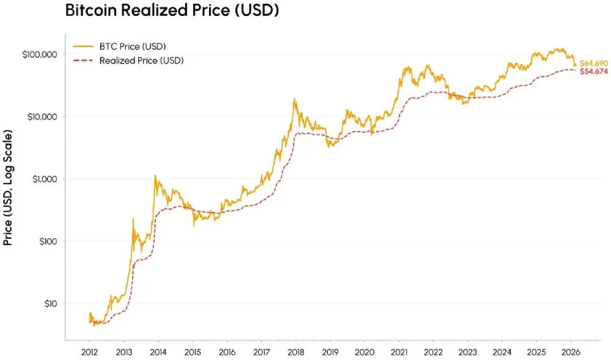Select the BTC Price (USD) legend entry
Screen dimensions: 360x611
[126, 46]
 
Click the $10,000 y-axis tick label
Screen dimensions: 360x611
[41, 117]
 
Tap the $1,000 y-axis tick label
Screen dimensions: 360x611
[43, 179]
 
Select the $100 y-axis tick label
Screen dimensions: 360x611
[46, 241]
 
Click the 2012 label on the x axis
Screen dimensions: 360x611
[89, 353]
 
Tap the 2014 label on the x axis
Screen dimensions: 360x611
[158, 353]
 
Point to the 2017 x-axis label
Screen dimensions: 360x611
[261, 353]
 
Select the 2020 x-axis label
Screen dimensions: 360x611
[364, 353]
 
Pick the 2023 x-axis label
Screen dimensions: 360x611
[467, 353]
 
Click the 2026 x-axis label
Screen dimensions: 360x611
[570, 353]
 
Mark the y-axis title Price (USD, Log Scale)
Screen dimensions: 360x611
[9, 187]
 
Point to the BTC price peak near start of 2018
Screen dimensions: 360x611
[295, 98]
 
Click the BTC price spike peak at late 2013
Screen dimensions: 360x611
[155, 175]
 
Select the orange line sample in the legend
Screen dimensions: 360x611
[83, 46]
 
